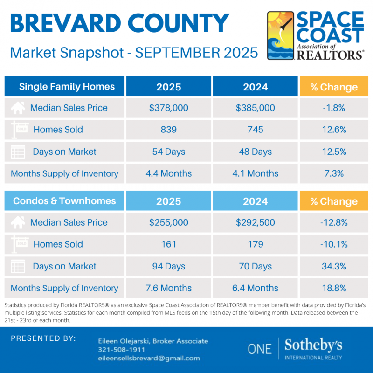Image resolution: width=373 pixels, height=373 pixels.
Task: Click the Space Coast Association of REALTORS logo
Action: tap(315, 36)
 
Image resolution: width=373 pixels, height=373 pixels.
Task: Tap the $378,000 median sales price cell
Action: tap(169, 108)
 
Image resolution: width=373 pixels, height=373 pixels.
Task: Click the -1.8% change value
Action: tap(333, 108)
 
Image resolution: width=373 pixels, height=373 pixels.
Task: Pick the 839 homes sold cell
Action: tap(169, 130)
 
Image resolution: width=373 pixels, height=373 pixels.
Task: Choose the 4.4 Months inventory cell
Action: tap(169, 173)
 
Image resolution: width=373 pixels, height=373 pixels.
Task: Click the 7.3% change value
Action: tap(333, 173)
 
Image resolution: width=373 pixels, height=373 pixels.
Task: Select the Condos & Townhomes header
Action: tap(64, 201)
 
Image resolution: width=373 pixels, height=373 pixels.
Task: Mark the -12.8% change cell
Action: tap(334, 222)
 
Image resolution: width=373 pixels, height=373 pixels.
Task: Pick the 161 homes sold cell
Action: tap(169, 244)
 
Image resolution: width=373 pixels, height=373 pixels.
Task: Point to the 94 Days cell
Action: tap(169, 266)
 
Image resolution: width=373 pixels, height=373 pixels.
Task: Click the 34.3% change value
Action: tap(333, 266)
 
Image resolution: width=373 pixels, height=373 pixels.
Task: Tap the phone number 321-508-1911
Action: tap(121, 349)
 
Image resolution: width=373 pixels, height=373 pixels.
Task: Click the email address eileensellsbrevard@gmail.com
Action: tap(149, 358)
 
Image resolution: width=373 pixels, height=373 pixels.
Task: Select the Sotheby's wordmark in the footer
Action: tap(313, 345)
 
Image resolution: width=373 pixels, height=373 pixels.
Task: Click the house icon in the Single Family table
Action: tap(18, 108)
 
